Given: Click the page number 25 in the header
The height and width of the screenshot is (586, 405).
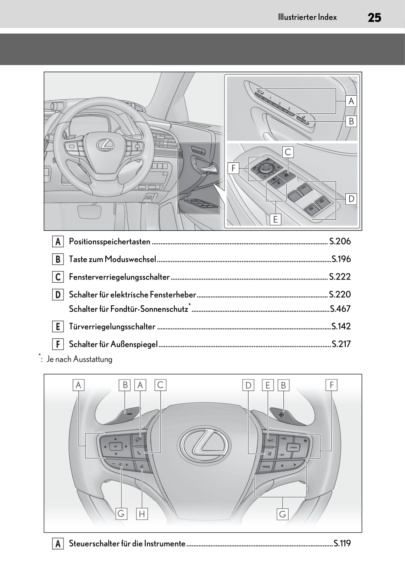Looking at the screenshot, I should pos(374,17).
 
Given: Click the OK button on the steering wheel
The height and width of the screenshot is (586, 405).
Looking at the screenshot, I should pos(116,446).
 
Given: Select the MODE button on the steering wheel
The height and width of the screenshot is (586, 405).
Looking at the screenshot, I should pos(266,467).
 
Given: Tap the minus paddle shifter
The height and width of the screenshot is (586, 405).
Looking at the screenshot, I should pos(129,413).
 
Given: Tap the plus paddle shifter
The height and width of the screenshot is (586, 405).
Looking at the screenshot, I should pos(282,414).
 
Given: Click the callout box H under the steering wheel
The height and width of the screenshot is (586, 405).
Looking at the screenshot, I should pos(142,514).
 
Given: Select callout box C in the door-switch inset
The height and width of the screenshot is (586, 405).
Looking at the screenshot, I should pos(288,152).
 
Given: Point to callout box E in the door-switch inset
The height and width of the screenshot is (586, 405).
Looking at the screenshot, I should pos(275,219).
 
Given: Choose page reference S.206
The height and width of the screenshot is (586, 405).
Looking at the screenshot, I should pos(340,241).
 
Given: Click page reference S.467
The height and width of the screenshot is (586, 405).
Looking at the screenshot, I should pos(340,309).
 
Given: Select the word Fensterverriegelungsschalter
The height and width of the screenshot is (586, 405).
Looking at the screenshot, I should pos(119,277).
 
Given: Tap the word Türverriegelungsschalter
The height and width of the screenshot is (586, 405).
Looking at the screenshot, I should pos(112,326).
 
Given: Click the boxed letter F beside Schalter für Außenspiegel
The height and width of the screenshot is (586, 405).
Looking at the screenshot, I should pos(57,344).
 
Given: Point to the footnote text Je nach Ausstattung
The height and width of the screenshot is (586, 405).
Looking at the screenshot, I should pos(79,359).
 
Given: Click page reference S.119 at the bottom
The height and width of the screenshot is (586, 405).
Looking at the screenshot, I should pos(342,543).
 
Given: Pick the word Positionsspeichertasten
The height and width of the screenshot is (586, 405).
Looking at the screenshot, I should pos(110,241).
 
